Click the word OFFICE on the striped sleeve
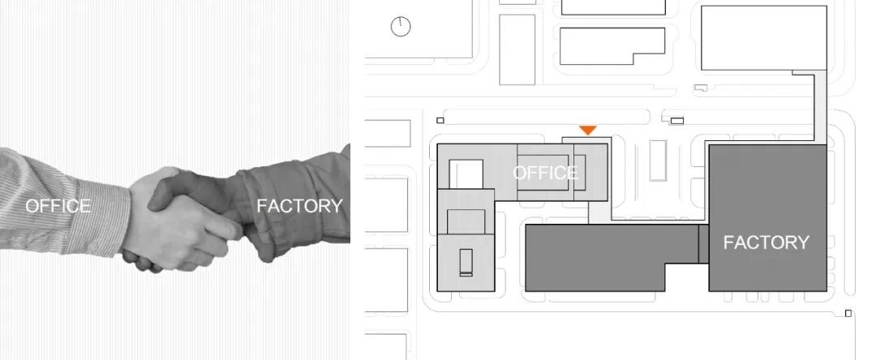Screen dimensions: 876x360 point(58,206)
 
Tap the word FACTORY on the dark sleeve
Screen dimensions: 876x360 point(299,206)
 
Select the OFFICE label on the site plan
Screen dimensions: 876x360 point(545,172)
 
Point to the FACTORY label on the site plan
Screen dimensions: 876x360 point(766,242)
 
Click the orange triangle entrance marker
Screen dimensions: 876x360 point(588,130)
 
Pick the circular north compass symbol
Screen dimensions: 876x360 point(401,27)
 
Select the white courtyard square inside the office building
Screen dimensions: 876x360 point(466,173)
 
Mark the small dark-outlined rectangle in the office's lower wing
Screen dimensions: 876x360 point(466,263)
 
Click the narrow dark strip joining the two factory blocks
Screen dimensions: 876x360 point(703,244)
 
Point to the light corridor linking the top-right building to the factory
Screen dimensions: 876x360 point(819,105)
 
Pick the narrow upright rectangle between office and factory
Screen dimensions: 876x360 point(657,160)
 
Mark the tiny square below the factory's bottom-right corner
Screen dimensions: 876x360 point(848,313)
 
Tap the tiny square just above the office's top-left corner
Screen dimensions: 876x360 point(440,120)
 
